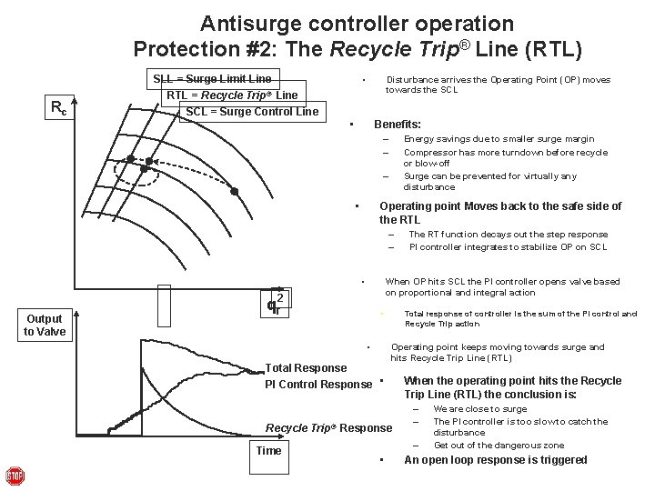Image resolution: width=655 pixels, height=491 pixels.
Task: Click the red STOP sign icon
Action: click(x=15, y=476)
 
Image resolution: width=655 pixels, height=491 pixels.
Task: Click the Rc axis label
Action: click(x=57, y=108)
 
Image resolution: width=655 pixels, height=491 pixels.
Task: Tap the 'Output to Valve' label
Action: click(x=45, y=325)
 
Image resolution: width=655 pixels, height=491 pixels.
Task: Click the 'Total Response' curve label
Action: click(x=305, y=367)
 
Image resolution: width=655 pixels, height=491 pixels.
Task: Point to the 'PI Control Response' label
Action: click(x=318, y=384)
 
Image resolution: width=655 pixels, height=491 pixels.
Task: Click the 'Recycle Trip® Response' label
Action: click(x=328, y=427)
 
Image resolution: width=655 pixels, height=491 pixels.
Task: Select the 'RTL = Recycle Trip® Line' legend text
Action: click(x=232, y=95)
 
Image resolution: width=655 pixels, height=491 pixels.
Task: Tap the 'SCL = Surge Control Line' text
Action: click(x=252, y=112)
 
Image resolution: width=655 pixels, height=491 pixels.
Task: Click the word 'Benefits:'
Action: click(x=398, y=124)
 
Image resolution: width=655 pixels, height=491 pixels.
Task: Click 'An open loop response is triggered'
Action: click(x=495, y=459)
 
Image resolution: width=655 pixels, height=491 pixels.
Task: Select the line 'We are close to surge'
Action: click(x=479, y=409)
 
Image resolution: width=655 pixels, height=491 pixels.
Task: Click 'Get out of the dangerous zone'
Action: click(x=499, y=445)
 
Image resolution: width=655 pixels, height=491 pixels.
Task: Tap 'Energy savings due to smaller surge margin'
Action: click(x=499, y=139)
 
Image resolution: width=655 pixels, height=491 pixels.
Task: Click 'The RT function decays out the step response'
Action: click(x=508, y=234)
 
